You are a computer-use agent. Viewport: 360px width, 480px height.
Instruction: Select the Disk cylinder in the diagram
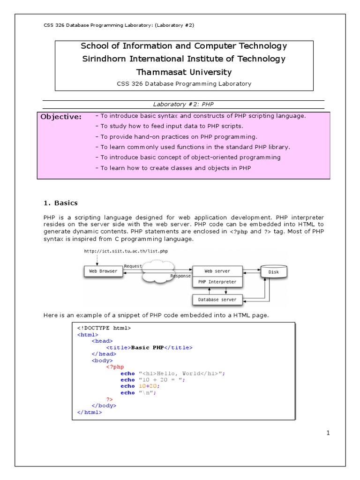pyautogui.click(x=273, y=271)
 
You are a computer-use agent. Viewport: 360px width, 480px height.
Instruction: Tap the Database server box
pyautogui.click(x=217, y=299)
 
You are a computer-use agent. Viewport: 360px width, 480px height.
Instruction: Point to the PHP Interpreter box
pyautogui.click(x=217, y=282)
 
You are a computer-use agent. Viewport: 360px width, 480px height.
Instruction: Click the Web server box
pyautogui.click(x=217, y=271)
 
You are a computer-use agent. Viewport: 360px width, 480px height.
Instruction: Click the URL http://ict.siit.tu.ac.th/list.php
pyautogui.click(x=126, y=251)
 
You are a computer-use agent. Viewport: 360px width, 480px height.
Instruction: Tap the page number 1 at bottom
pyautogui.click(x=329, y=433)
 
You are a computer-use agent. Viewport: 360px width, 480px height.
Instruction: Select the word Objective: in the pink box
pyautogui.click(x=61, y=117)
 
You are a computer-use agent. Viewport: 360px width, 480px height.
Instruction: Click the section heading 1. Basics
pyautogui.click(x=60, y=203)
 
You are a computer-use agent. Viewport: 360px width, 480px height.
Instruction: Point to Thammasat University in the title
pyautogui.click(x=184, y=72)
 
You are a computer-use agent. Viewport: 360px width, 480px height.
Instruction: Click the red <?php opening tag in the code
pyautogui.click(x=115, y=367)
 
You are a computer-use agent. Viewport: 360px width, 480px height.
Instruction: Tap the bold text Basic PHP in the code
pyautogui.click(x=148, y=348)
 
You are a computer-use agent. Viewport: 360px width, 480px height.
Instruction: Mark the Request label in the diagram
pyautogui.click(x=133, y=266)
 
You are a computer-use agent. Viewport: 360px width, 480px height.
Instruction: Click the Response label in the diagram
pyautogui.click(x=180, y=276)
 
